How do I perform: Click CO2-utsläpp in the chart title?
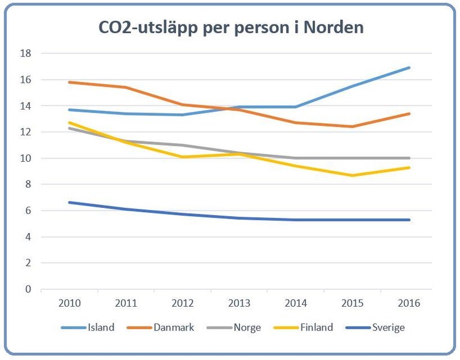coord(140,28)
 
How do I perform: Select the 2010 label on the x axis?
coord(69,304)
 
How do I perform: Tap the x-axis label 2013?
coord(239,304)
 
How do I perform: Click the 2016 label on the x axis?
coord(409,304)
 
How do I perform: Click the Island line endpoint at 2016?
coord(409,68)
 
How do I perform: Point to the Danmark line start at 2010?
coord(69,82)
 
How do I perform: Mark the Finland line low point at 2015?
coord(352,176)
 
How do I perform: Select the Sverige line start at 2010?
coord(69,202)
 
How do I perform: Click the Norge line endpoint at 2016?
coord(409,158)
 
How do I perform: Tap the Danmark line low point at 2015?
coord(352,126)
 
